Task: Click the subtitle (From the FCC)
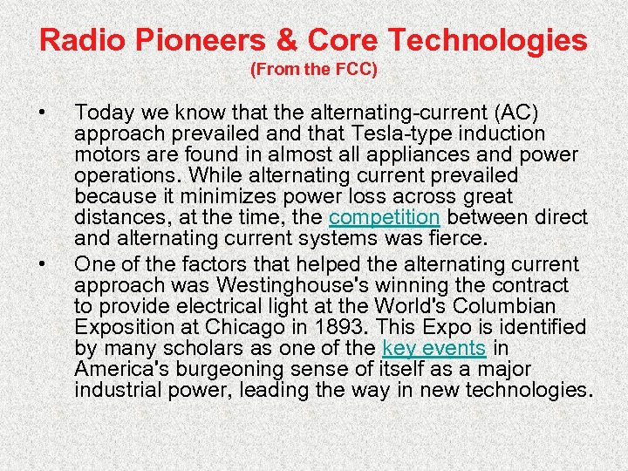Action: coord(314,70)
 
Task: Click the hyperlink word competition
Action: coord(384,217)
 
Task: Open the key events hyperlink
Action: coord(433,348)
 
